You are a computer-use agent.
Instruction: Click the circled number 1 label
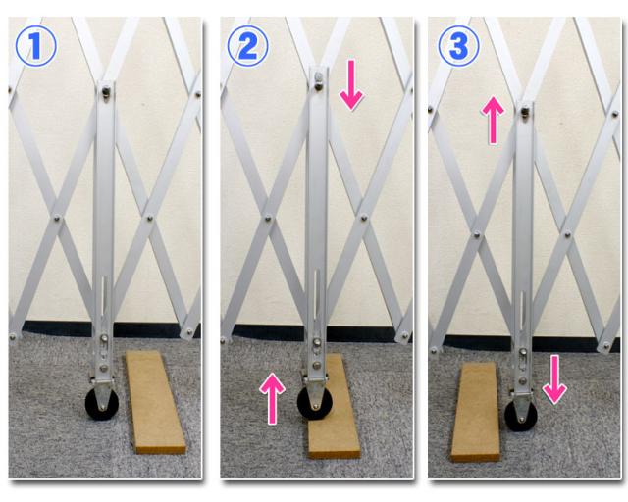coord(35,46)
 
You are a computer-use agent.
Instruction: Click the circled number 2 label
coord(247,46)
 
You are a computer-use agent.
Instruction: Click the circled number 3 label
coord(458,46)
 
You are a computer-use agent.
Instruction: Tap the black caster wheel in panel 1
coord(102,404)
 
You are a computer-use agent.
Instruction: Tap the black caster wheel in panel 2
coord(315,403)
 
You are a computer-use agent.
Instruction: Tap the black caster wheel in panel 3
coord(521,416)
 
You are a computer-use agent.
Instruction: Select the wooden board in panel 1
coord(155,402)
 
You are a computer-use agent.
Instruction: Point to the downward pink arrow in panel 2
coord(351,85)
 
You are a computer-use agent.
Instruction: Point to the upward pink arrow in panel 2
coord(272,398)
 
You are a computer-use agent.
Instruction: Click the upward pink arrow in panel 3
coord(493,120)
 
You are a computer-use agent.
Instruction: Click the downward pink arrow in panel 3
coord(554,379)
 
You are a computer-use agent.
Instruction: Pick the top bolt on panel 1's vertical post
coord(106,92)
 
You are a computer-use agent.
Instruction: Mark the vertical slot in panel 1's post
coord(104,295)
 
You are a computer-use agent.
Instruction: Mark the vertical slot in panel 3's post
coord(522,311)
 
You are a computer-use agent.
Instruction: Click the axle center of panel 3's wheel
coord(521,420)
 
